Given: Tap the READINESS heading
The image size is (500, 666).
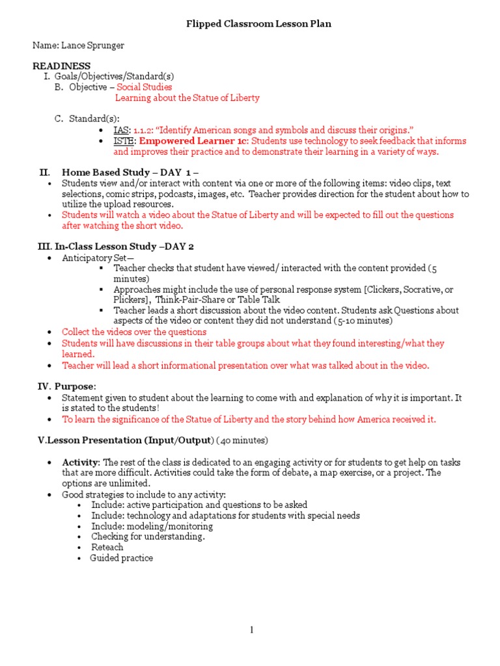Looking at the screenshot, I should pos(62,66).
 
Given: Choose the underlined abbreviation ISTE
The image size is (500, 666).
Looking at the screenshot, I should pos(124,141).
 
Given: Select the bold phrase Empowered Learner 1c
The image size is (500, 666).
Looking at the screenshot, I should pos(193,141).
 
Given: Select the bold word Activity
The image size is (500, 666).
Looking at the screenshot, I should pos(81,462).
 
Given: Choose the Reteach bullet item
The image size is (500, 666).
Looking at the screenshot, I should pos(107,547).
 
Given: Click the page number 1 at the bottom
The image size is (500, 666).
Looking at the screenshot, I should pos(250,630).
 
